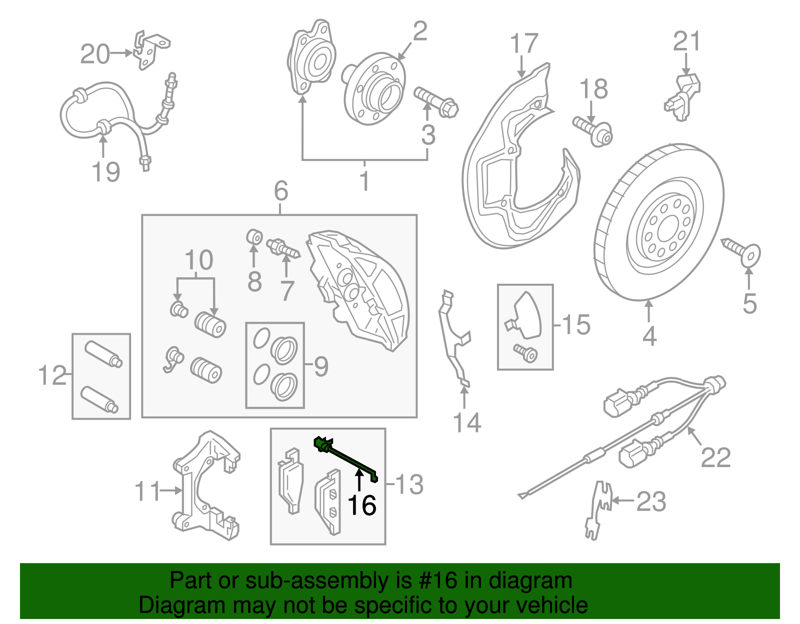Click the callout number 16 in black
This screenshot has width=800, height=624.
point(361,505)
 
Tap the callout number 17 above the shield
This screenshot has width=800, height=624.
point(524,43)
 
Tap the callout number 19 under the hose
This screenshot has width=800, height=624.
point(105,172)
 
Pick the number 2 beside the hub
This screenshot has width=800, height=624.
point(420,31)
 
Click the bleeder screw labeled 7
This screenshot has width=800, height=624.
point(282,247)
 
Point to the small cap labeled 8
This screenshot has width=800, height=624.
point(255,236)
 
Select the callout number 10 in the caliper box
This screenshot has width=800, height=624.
point(198,260)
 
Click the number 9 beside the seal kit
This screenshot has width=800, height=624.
point(321,366)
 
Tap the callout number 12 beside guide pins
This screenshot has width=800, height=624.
point(52,375)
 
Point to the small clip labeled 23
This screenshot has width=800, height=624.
point(598,510)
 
